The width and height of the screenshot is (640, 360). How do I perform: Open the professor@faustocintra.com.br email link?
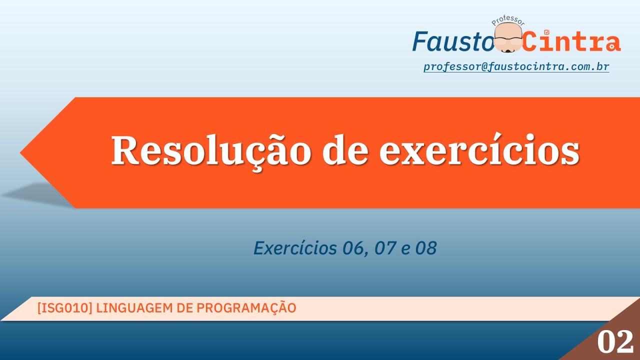tap(516, 66)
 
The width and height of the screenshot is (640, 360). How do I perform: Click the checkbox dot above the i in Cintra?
tap(546, 32)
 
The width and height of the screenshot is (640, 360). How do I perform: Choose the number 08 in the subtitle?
tap(425, 248)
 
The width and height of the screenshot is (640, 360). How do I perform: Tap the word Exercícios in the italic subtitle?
tap(294, 248)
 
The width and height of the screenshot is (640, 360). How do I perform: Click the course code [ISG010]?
tap(64, 308)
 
